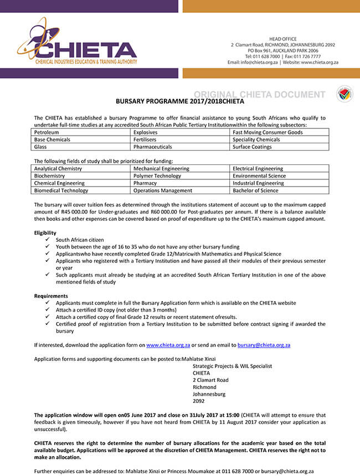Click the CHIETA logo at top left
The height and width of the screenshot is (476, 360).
pyautogui.click(x=77, y=45)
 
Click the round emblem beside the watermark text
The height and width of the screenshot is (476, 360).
pyautogui.click(x=344, y=94)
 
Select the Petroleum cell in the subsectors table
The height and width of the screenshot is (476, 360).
pyautogui.click(x=47, y=132)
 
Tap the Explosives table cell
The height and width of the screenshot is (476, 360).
pyautogui.click(x=146, y=132)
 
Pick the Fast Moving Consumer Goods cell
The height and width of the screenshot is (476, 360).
pyautogui.click(x=268, y=132)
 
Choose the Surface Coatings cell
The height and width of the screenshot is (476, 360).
pyautogui.click(x=252, y=147)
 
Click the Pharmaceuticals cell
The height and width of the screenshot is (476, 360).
pyautogui.click(x=153, y=147)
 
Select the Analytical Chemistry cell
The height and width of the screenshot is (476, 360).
pyautogui.click(x=58, y=168)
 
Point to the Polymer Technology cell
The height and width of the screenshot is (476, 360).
pyautogui.click(x=157, y=175)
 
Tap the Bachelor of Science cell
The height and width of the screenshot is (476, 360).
pyautogui.click(x=255, y=190)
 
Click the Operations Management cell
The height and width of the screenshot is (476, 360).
pyautogui.click(x=163, y=190)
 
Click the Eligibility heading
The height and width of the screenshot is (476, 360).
pyautogui.click(x=45, y=232)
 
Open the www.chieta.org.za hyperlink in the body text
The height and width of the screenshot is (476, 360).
pyautogui.click(x=168, y=345)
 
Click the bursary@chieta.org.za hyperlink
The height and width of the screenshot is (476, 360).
pyautogui.click(x=264, y=345)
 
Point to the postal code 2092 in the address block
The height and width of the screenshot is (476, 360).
pyautogui.click(x=198, y=401)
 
